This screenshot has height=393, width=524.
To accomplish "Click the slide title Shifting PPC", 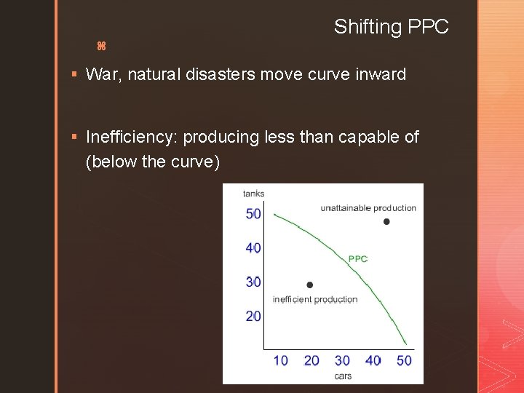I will tap(391, 27).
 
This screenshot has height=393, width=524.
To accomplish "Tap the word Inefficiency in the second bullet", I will tap(132, 137).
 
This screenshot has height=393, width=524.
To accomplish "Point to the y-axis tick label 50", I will tap(253, 213).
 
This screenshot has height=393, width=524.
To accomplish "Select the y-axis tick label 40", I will tap(253, 248).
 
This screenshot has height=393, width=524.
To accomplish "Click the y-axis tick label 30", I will tap(253, 282).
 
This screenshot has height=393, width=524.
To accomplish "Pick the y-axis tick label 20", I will tap(253, 316).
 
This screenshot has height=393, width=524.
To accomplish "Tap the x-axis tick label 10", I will tap(280, 360).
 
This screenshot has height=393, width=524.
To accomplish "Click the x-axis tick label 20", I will tap(311, 360).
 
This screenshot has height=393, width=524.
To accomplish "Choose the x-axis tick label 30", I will tap(342, 360).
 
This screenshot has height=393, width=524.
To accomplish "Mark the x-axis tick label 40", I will tap(373, 360).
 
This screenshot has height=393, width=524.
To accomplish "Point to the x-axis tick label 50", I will tap(404, 360).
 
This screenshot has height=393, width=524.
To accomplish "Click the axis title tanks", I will tap(253, 194).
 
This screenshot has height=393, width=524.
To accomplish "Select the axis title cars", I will tap(343, 376).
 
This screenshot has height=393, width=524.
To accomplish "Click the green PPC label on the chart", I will tap(358, 258).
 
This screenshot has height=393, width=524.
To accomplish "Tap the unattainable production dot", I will tap(386, 221).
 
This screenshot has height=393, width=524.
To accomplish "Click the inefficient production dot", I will tap(310, 285).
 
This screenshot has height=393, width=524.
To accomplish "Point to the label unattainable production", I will tap(368, 208).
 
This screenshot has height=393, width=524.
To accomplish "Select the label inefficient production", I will tap(315, 299).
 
